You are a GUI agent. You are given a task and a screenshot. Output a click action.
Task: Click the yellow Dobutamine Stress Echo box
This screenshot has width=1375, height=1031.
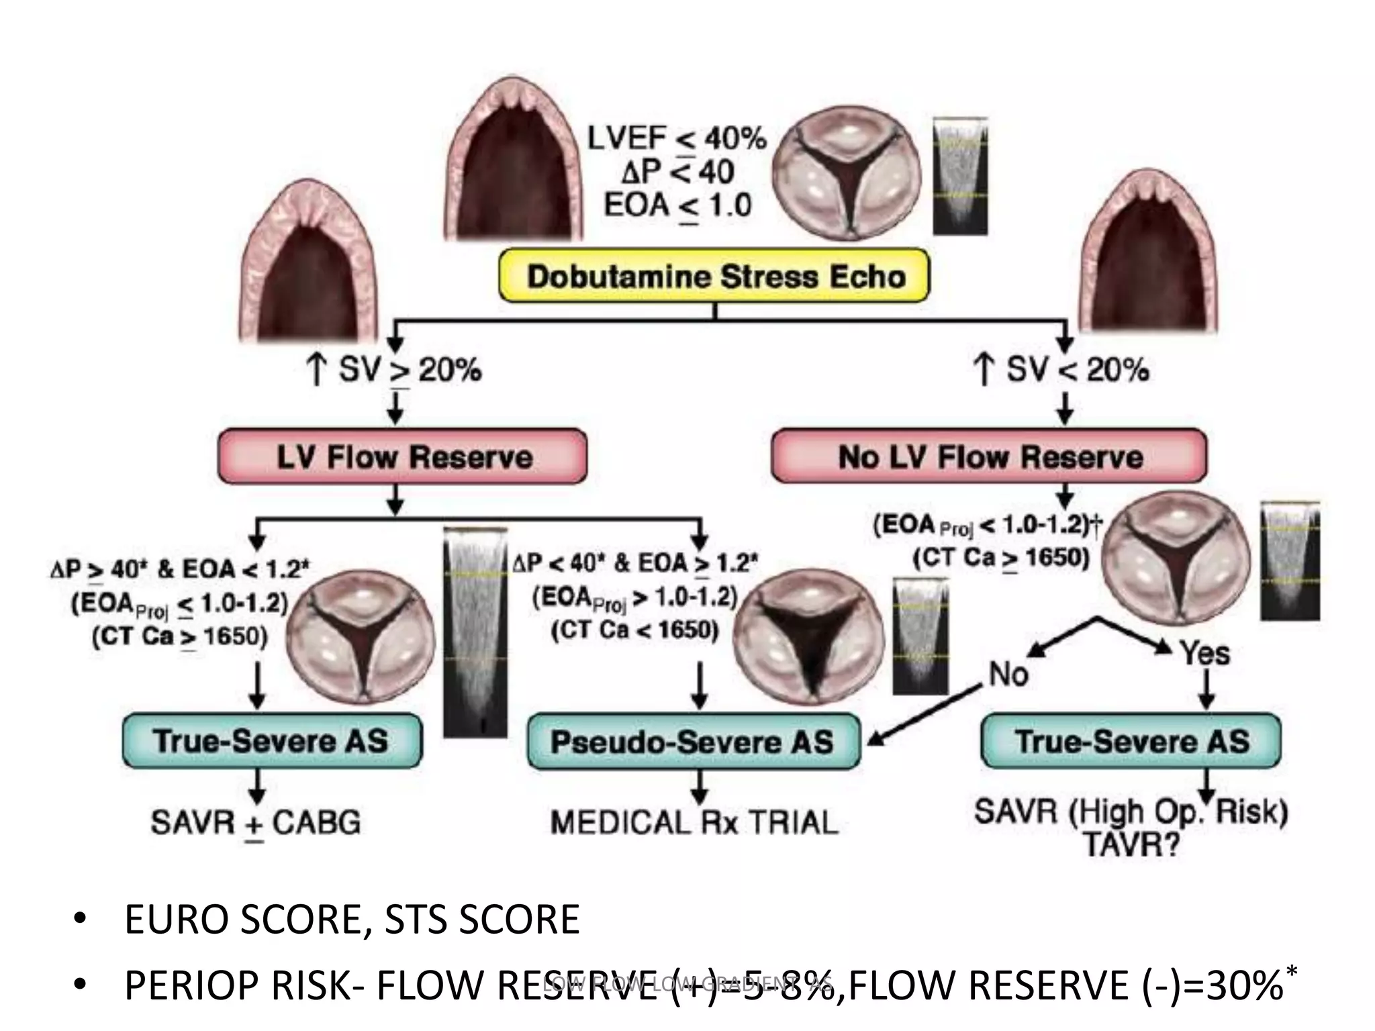(x=714, y=276)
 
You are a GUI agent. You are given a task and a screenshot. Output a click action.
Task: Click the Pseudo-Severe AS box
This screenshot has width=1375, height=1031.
(x=693, y=742)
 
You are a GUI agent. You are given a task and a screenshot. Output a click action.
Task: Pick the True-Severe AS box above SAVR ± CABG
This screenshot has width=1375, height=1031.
(x=272, y=741)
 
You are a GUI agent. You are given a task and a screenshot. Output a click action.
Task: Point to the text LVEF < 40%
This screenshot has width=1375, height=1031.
(x=677, y=139)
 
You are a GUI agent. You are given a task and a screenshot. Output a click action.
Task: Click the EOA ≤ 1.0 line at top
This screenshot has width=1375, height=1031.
(x=677, y=205)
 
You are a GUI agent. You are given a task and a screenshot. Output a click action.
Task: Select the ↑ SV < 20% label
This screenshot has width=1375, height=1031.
(x=1061, y=370)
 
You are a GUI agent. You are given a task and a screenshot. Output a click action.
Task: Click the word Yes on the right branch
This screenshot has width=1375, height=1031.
(x=1205, y=652)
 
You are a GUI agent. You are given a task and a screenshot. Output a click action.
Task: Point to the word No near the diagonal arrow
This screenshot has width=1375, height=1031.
(x=1008, y=674)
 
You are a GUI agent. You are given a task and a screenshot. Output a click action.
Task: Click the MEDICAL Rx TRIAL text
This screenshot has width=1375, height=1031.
(x=694, y=822)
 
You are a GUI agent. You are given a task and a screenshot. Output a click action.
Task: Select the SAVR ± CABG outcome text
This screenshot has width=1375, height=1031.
(x=256, y=822)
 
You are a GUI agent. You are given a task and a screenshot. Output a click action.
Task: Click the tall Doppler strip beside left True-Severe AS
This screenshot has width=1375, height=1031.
(x=474, y=631)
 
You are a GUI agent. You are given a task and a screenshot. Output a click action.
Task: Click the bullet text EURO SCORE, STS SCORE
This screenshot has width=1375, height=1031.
(x=351, y=920)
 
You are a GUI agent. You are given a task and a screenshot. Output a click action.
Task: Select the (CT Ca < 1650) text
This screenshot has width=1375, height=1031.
(x=634, y=630)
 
